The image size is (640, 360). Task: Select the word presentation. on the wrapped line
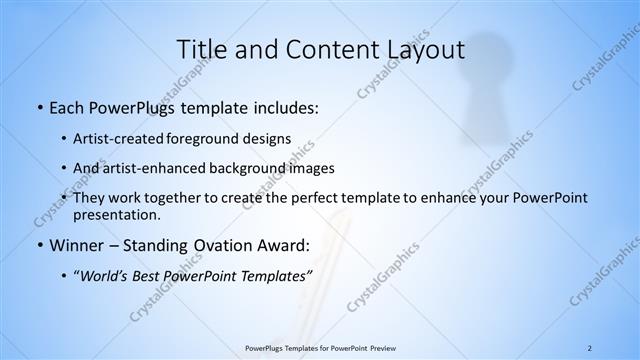pos(116,214)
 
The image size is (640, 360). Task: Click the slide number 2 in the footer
pos(589,348)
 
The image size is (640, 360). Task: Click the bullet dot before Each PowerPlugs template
pos(38,108)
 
